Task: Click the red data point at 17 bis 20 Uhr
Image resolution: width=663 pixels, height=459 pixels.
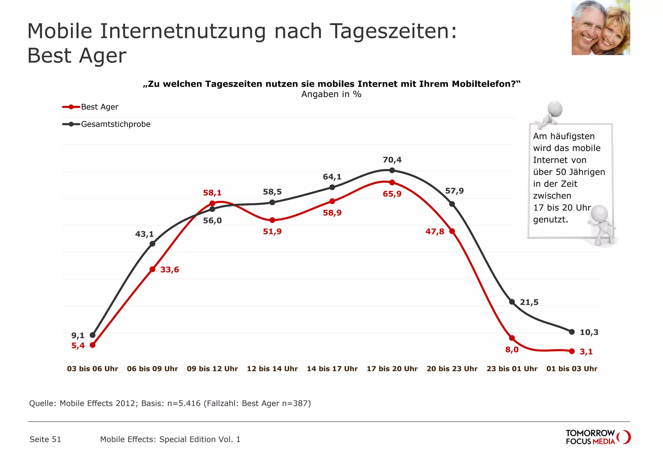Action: pyautogui.click(x=392, y=183)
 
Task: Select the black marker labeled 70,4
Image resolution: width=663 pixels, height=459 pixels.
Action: pyautogui.click(x=392, y=170)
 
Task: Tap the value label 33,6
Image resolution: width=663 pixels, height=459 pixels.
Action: pyautogui.click(x=169, y=270)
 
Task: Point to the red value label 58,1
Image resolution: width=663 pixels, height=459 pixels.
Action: pyautogui.click(x=212, y=193)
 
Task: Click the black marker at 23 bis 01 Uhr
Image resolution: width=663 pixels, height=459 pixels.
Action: pyautogui.click(x=512, y=302)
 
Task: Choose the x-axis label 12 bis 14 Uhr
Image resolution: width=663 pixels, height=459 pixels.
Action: pyautogui.click(x=272, y=369)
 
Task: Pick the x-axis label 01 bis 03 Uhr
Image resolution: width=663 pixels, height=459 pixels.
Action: pyautogui.click(x=572, y=369)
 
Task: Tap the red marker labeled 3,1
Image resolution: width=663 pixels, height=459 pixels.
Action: pyautogui.click(x=572, y=351)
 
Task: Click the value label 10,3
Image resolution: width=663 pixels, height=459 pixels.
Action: pyautogui.click(x=589, y=332)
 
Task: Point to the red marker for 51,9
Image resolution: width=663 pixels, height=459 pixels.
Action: pyautogui.click(x=272, y=220)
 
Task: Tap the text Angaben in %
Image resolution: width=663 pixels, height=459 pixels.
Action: pyautogui.click(x=331, y=94)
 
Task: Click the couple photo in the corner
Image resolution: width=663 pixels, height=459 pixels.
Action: pyautogui.click(x=601, y=28)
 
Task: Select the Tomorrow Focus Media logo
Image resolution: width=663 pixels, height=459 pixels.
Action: pyautogui.click(x=598, y=437)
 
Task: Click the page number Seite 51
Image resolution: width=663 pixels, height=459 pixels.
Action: pyautogui.click(x=45, y=439)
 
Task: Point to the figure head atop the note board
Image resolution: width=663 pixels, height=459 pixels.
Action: pyautogui.click(x=555, y=109)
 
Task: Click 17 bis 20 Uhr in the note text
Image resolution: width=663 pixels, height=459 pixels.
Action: pyautogui.click(x=562, y=208)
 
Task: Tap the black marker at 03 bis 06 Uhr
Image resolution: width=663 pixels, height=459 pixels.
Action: pyautogui.click(x=93, y=335)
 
